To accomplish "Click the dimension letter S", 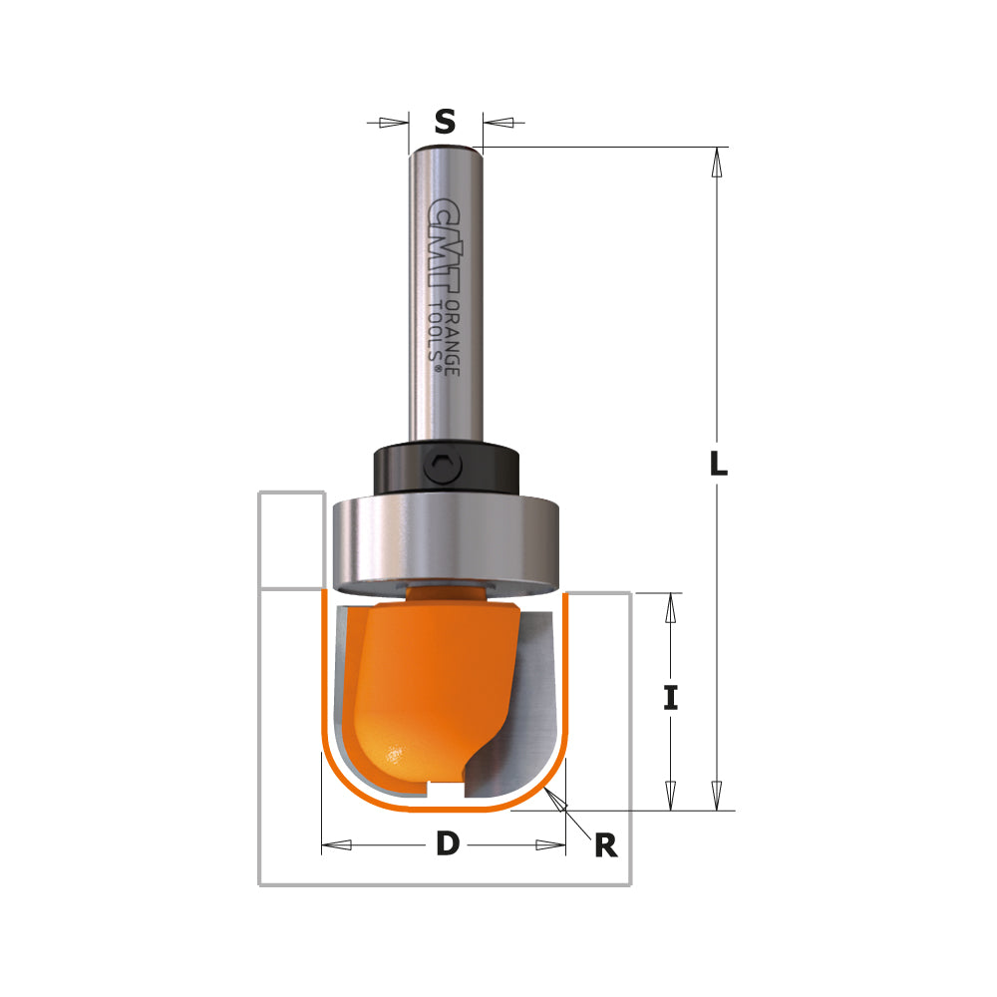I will pyautogui.click(x=445, y=122).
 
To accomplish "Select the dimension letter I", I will pyautogui.click(x=671, y=699).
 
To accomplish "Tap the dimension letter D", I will pyautogui.click(x=448, y=844).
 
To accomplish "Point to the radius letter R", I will pyautogui.click(x=605, y=846).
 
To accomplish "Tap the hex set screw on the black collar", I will pyautogui.click(x=445, y=466).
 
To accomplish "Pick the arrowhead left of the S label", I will pyautogui.click(x=395, y=123).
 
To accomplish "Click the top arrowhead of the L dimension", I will pyautogui.click(x=716, y=164).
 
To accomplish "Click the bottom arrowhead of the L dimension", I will pyautogui.click(x=716, y=796).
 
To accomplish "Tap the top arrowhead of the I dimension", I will pyautogui.click(x=671, y=610).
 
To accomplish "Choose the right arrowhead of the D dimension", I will pyautogui.click(x=550, y=845).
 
